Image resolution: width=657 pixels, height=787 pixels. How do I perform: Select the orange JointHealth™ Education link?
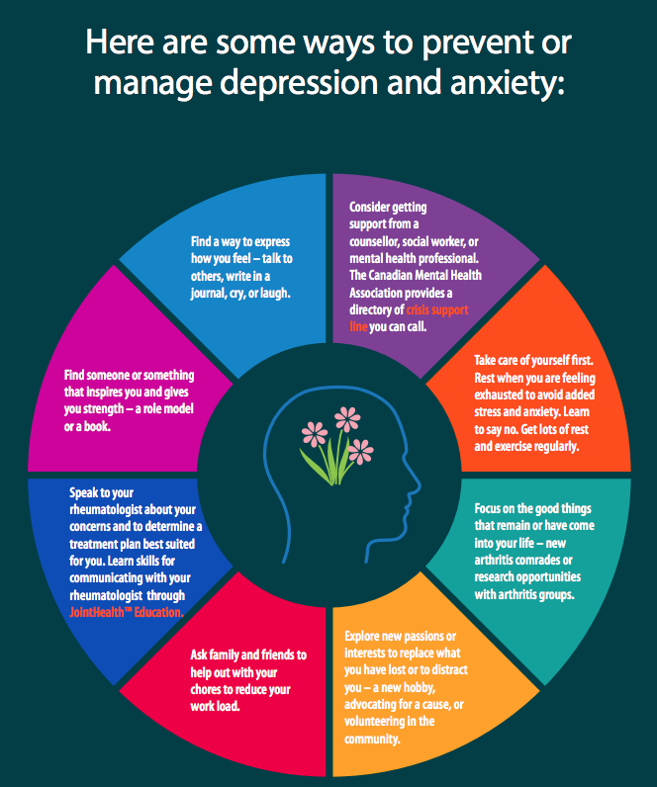[x=126, y=612]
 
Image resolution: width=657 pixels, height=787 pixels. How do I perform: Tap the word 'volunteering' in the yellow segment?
[x=377, y=721]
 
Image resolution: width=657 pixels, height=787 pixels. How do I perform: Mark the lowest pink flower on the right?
[x=362, y=454]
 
